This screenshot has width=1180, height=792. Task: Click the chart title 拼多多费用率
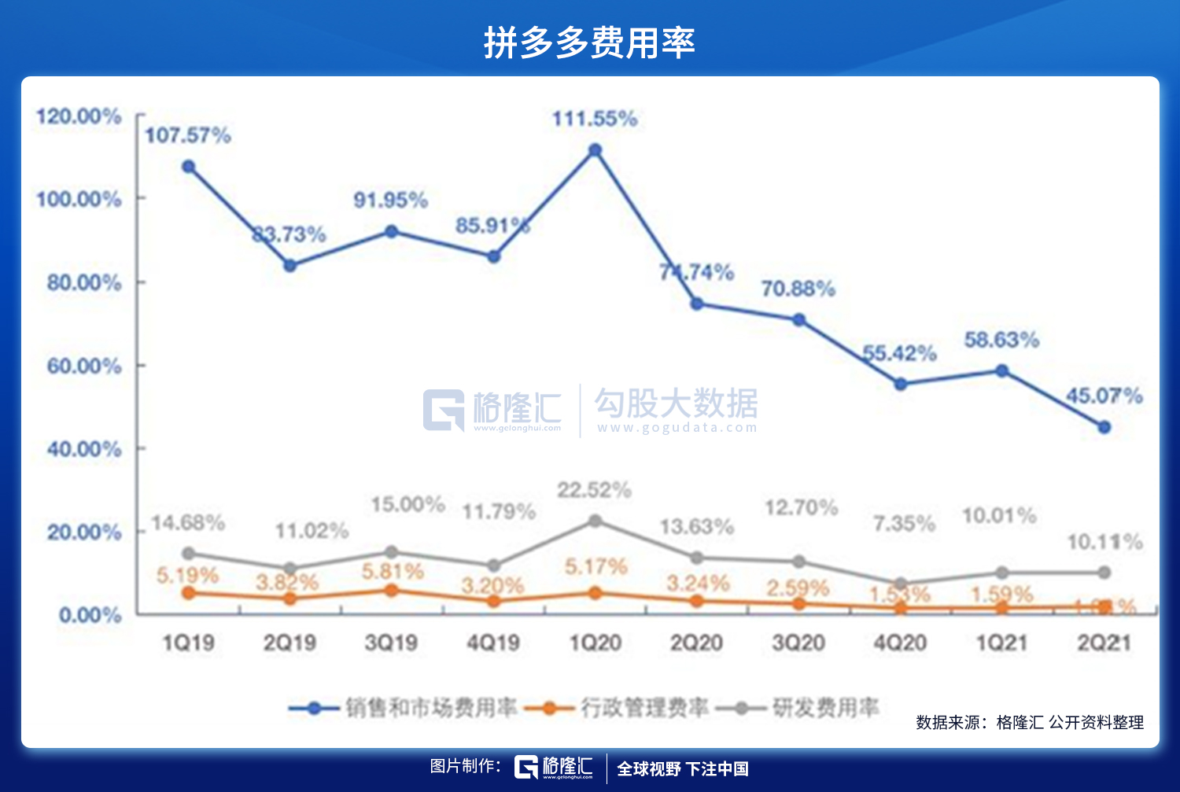tap(589, 42)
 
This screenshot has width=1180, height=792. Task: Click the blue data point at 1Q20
tap(595, 150)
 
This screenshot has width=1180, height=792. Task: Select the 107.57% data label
tap(188, 135)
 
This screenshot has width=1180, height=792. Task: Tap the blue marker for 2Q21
tap(1104, 427)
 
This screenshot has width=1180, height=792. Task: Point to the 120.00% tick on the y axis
tap(79, 116)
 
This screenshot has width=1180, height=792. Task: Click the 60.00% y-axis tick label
tap(84, 366)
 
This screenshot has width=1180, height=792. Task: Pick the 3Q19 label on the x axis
tap(391, 643)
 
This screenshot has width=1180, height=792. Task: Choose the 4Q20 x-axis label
tap(900, 643)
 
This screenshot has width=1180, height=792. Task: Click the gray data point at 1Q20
tap(595, 521)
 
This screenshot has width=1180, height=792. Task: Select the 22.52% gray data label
tap(594, 491)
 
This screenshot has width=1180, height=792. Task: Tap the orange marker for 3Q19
tap(391, 590)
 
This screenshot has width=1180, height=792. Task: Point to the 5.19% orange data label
tap(187, 576)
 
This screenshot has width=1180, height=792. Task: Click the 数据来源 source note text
tap(1030, 722)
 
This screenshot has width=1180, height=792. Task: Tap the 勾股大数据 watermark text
tap(676, 403)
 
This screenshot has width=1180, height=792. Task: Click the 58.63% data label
tap(1001, 340)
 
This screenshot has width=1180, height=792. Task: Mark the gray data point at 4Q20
tap(900, 584)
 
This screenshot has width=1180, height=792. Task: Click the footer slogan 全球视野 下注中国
tap(682, 768)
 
